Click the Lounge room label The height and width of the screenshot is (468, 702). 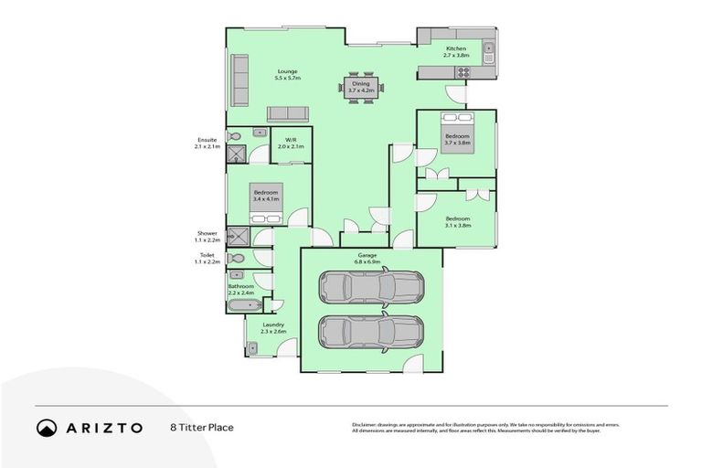[288, 75]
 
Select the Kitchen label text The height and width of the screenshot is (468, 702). [456, 52]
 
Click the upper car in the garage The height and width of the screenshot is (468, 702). [370, 286]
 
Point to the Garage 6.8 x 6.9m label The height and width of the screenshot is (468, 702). [371, 259]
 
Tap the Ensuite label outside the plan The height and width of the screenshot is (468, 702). [206, 143]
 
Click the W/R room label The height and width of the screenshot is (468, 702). [290, 143]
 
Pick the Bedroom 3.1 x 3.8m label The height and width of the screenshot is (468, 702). [457, 222]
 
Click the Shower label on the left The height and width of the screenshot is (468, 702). [207, 237]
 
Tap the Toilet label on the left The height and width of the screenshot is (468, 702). [207, 259]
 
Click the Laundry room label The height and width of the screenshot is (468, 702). [272, 327]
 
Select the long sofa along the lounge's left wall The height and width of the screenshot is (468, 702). [239, 80]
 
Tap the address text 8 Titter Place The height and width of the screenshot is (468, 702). [201, 427]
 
